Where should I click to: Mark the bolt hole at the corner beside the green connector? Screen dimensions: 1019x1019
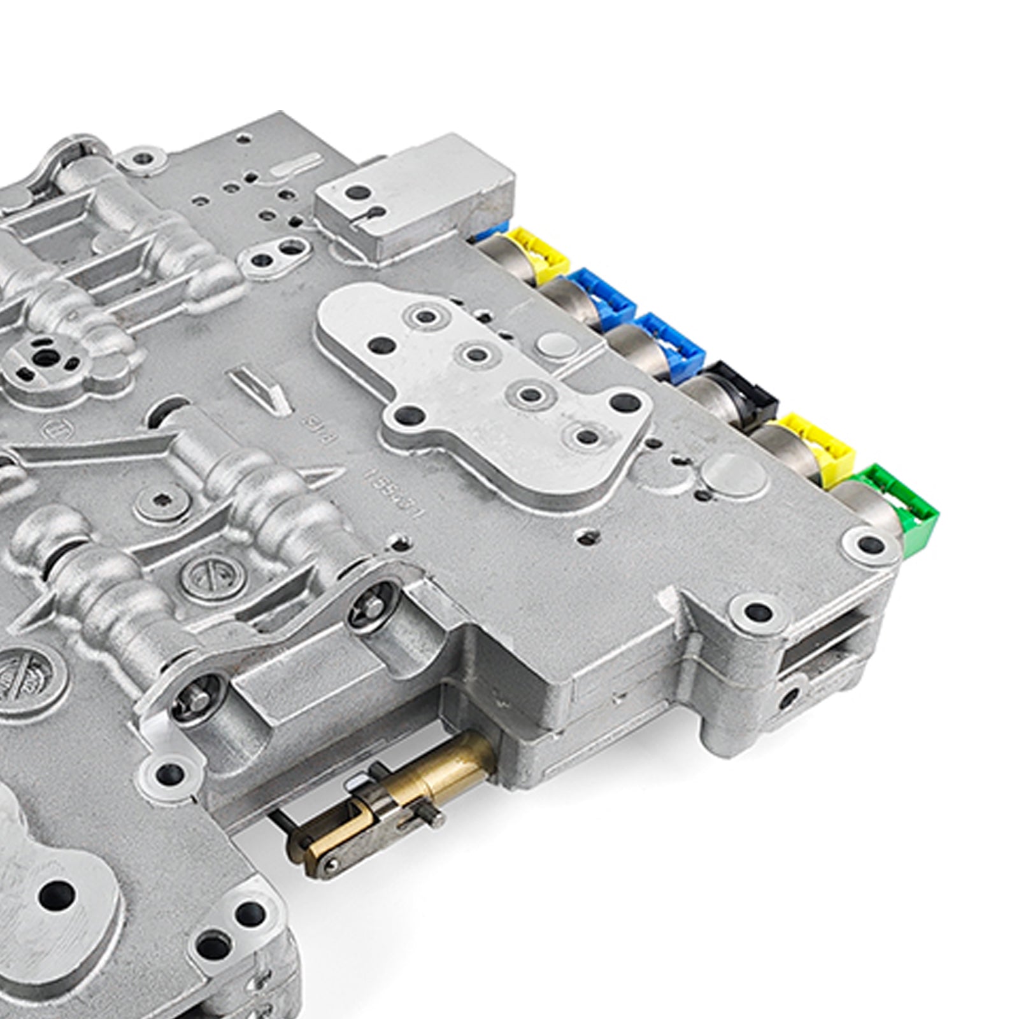(869, 545)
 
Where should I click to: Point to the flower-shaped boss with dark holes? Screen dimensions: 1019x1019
(45, 360)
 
